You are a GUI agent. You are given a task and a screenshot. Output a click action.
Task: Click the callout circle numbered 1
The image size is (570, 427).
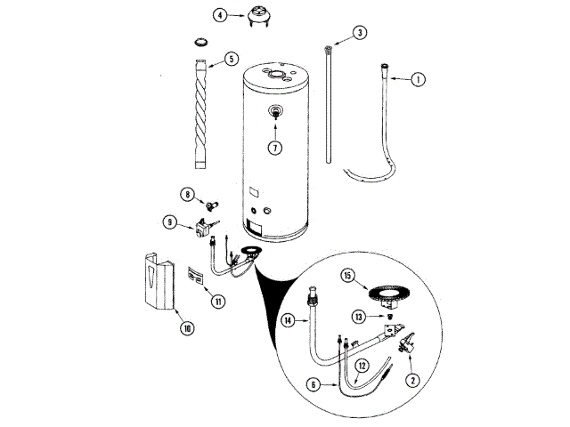(418, 80)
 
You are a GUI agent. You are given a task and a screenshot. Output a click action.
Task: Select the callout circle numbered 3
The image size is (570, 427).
(360, 33)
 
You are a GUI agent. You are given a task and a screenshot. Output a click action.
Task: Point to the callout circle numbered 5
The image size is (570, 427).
(231, 60)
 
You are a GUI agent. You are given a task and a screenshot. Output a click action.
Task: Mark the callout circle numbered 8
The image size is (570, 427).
(188, 194)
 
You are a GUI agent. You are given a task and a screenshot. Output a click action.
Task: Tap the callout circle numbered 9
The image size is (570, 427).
(169, 222)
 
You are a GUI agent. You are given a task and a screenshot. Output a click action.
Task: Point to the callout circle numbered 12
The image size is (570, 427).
(361, 365)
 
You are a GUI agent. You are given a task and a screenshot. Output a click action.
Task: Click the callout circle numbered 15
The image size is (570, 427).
(349, 277)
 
